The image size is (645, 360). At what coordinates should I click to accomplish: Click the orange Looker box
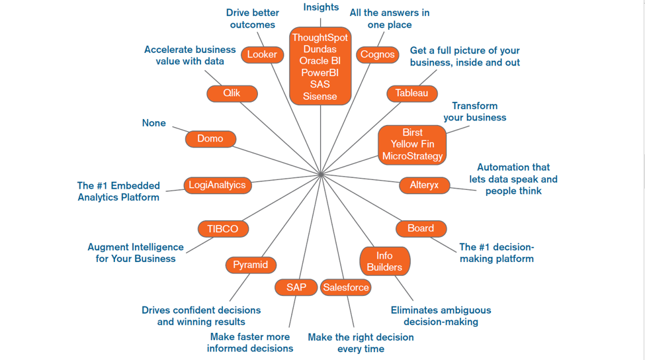(x=263, y=55)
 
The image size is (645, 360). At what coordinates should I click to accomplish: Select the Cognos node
(x=377, y=55)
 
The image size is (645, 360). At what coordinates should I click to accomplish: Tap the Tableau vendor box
(x=411, y=93)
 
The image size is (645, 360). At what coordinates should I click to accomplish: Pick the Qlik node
(x=232, y=93)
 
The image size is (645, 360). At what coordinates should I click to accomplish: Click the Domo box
(x=210, y=139)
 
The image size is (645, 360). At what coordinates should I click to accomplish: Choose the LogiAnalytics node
(x=217, y=185)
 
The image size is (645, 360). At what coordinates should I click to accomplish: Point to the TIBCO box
(x=223, y=229)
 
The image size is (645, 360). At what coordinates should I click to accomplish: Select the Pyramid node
(x=251, y=265)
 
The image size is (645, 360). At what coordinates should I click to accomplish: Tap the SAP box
(x=296, y=287)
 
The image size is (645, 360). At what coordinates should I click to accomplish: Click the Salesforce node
(x=345, y=287)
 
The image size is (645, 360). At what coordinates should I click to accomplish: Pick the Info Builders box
(x=384, y=261)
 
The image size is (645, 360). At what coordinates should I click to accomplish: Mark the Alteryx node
(x=424, y=185)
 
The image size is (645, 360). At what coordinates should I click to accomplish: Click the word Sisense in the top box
(x=320, y=96)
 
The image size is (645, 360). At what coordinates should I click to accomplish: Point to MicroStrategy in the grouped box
(x=412, y=156)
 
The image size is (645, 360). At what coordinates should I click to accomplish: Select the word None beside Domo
(x=154, y=123)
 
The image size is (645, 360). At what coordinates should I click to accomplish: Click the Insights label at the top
(x=321, y=7)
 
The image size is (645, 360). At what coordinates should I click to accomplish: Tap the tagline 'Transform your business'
(x=475, y=111)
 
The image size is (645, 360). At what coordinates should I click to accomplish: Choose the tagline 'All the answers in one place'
(x=390, y=19)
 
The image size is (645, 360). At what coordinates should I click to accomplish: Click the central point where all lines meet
(x=320, y=175)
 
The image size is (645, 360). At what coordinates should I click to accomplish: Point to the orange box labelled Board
(x=421, y=229)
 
